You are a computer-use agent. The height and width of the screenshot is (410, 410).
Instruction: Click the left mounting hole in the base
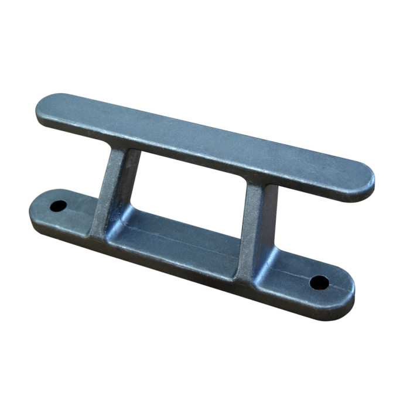(x=59, y=206)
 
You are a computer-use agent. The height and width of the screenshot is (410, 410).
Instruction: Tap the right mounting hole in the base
(x=319, y=282)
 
